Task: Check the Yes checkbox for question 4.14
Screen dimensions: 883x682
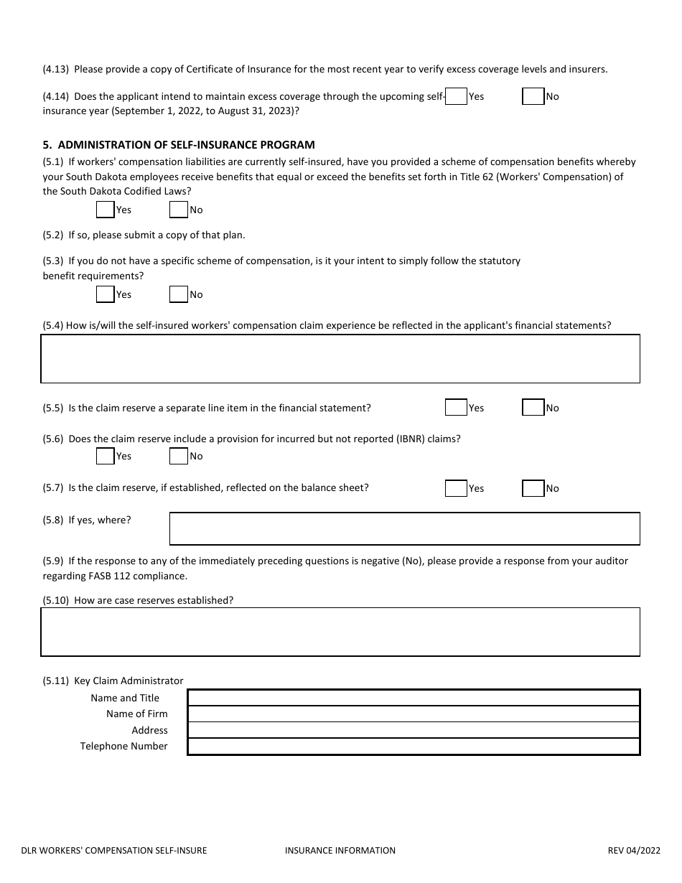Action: point(456,96)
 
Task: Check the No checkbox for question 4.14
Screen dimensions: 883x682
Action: point(533,96)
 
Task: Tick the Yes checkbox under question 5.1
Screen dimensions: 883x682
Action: point(105,210)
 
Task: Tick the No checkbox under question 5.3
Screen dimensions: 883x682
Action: point(178,294)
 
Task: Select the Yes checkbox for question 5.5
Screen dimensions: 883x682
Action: point(456,408)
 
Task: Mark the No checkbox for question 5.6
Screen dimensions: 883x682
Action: point(178,456)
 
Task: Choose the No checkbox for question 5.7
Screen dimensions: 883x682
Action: point(533,488)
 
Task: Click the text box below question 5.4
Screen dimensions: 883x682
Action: point(340,359)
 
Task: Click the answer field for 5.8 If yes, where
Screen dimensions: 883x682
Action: point(404,528)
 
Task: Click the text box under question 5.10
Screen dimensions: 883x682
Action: point(340,632)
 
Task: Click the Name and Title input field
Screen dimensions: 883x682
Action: point(414,698)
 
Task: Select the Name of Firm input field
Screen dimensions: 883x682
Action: point(414,714)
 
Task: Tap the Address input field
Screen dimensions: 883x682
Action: point(414,730)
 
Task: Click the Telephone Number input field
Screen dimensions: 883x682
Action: point(414,747)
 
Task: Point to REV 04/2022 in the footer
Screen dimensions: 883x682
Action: point(633,851)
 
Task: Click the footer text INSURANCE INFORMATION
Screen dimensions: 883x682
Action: point(340,851)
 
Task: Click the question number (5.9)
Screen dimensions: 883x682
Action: point(54,561)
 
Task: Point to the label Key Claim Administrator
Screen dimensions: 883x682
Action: point(129,681)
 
